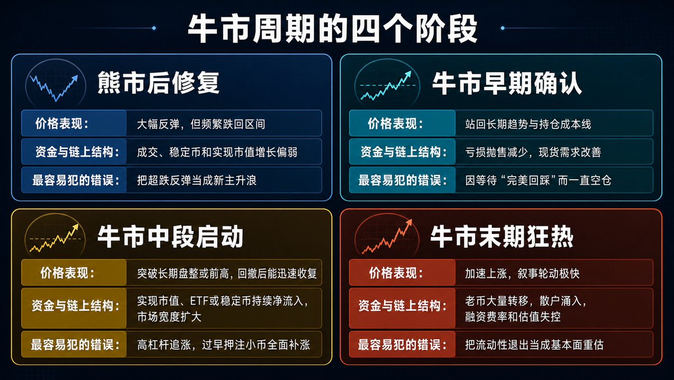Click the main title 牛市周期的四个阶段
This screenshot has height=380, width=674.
click(x=333, y=28)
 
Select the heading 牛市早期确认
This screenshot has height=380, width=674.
click(x=507, y=83)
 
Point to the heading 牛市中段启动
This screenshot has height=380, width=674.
click(x=170, y=236)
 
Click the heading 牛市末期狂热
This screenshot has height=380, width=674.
click(x=501, y=236)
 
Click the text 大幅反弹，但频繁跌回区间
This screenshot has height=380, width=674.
click(x=201, y=124)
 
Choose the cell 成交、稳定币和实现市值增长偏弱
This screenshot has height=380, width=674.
click(x=224, y=152)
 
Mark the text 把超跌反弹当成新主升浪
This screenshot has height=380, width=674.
click(x=196, y=180)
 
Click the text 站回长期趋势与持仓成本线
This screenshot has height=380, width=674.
click(x=528, y=124)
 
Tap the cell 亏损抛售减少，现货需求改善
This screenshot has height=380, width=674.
click(x=554, y=152)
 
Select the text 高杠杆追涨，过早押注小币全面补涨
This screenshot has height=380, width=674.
click(x=224, y=345)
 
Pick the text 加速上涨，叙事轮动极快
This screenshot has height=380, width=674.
click(x=522, y=273)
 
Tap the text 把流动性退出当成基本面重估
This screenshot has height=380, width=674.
click(x=534, y=345)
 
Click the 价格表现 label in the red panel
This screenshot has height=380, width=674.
click(x=396, y=273)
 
